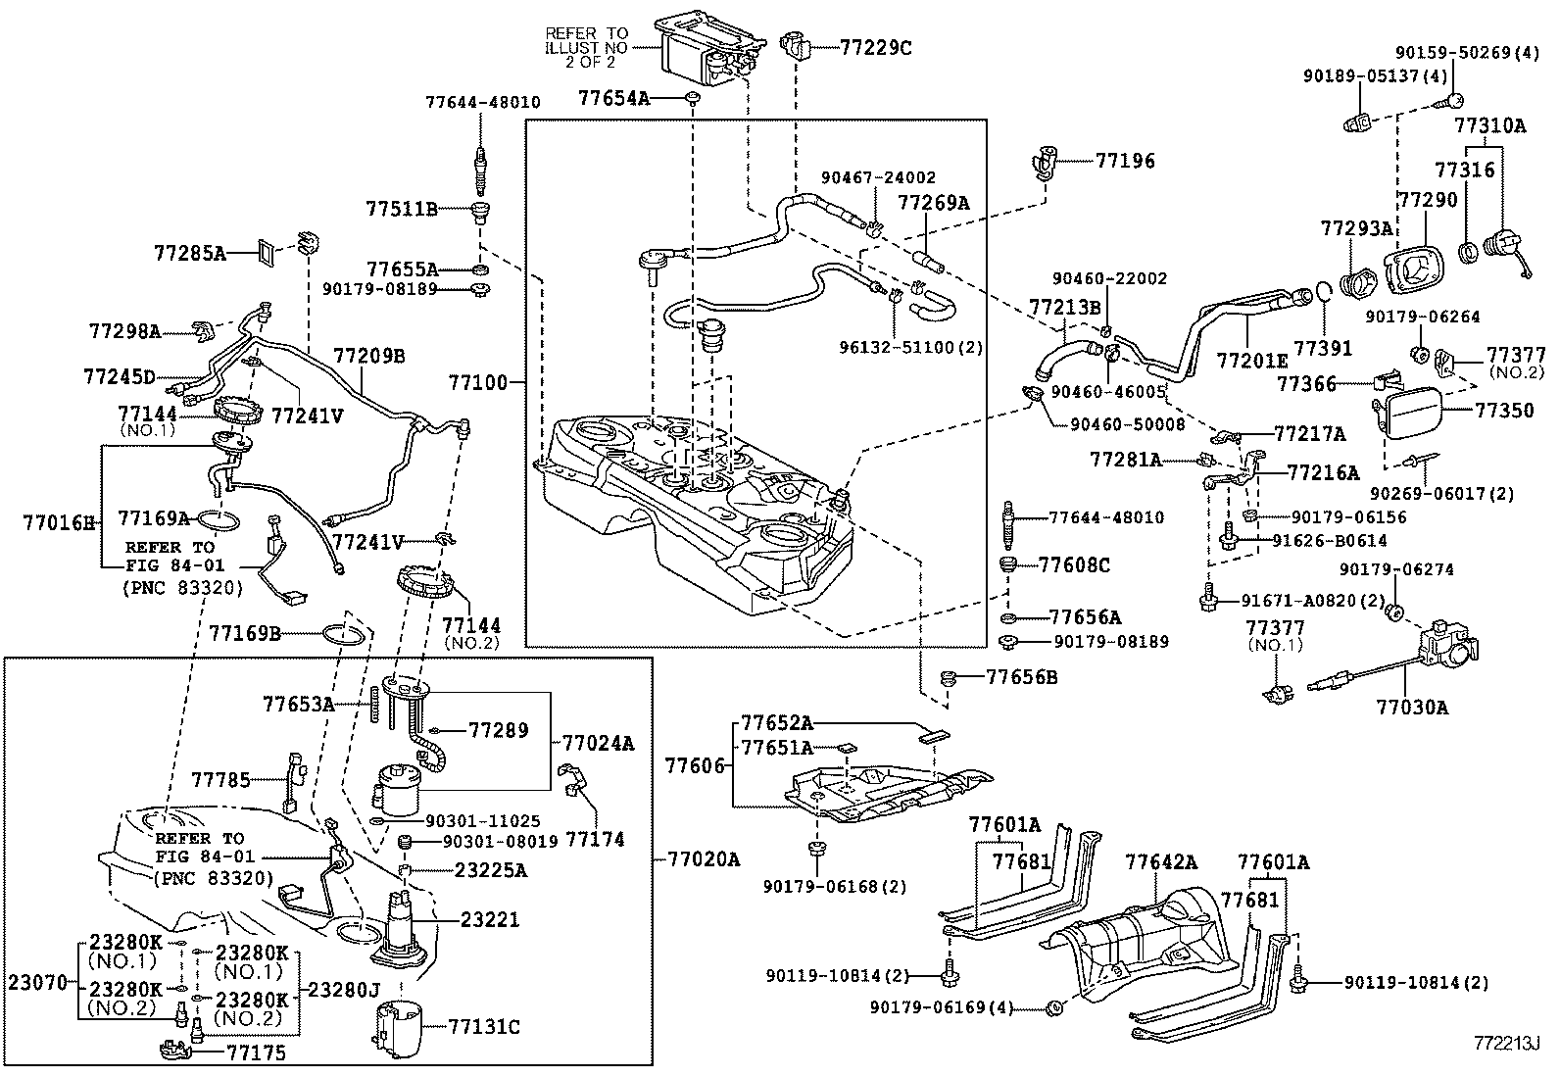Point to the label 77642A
(x=1161, y=862)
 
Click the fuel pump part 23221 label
(x=491, y=920)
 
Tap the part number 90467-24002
(x=878, y=177)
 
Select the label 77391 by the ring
(x=1323, y=348)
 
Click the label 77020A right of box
(x=704, y=859)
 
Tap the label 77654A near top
(x=613, y=98)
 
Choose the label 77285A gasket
(x=189, y=253)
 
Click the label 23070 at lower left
(x=37, y=981)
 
